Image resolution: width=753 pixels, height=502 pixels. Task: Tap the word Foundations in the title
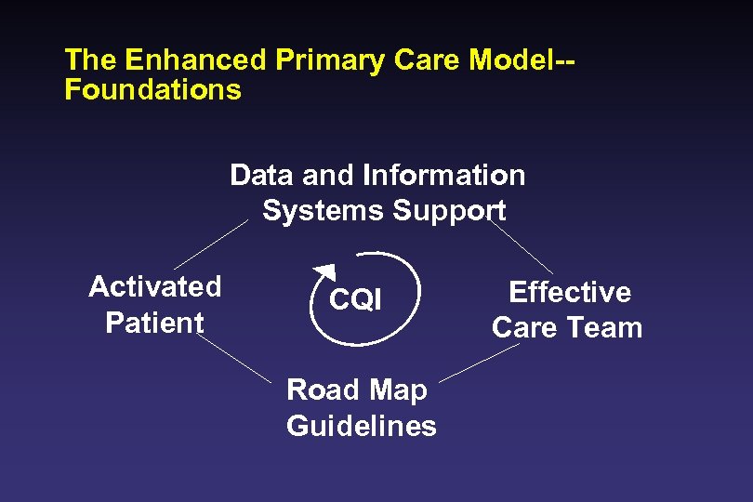152,90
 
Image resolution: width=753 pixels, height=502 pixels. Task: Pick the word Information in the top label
444,175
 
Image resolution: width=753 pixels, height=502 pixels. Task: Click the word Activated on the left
155,286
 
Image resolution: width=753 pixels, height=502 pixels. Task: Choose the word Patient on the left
154,323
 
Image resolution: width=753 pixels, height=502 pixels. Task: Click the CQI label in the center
355,300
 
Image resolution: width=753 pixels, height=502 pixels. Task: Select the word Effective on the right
570,292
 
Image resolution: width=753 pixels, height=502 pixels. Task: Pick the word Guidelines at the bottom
362,426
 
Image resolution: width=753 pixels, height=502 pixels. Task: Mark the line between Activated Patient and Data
211,244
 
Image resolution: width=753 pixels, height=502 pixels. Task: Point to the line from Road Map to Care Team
478,363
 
